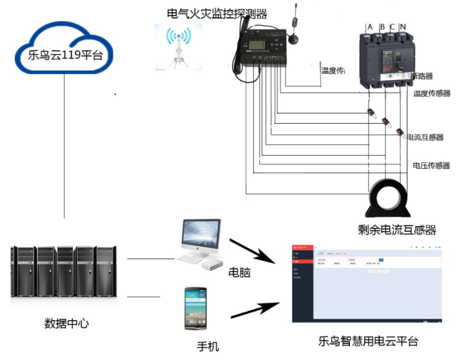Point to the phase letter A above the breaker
(370, 27)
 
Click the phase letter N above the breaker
(403, 27)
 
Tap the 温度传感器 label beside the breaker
(431, 93)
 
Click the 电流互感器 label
(425, 137)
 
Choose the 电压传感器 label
(431, 166)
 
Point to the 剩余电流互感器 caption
(397, 230)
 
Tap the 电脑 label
(239, 272)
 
